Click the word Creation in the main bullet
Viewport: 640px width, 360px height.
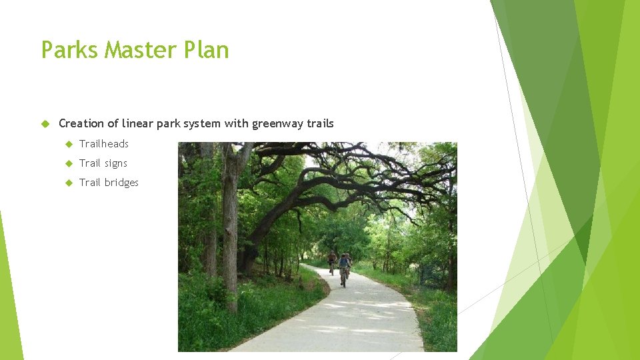pyautogui.click(x=81, y=123)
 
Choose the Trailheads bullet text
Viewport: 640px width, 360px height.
pyautogui.click(x=103, y=144)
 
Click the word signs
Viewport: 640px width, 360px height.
pyautogui.click(x=115, y=163)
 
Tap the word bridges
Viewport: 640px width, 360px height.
pyautogui.click(x=121, y=183)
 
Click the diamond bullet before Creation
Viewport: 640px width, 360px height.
pyautogui.click(x=45, y=123)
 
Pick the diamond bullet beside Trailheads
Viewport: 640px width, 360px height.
pyautogui.click(x=68, y=144)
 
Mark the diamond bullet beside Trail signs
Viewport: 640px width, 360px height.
pyautogui.click(x=68, y=163)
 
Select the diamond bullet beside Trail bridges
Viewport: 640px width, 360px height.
pyautogui.click(x=68, y=183)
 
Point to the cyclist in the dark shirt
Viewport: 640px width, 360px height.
pyautogui.click(x=332, y=259)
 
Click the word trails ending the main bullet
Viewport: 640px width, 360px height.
pyautogui.click(x=320, y=123)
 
